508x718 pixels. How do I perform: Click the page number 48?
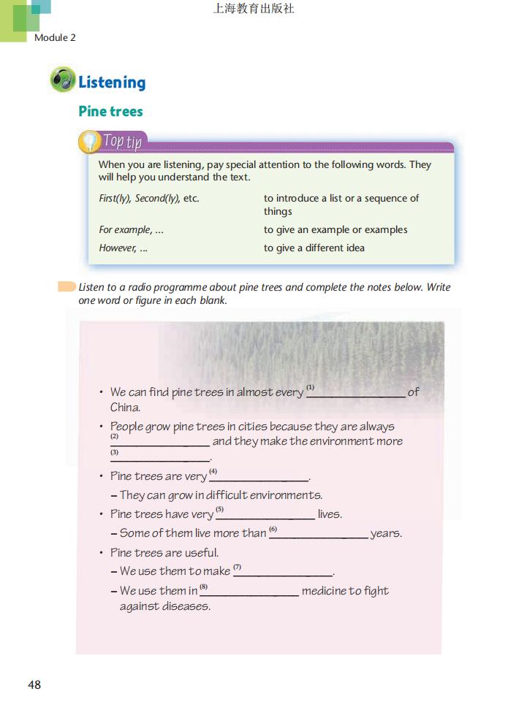[34, 684]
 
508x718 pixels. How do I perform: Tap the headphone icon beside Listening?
[63, 80]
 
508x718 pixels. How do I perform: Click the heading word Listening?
[112, 83]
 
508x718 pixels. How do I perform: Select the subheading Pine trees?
[110, 112]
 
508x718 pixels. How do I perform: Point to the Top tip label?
[121, 140]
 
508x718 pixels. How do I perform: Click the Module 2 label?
[55, 37]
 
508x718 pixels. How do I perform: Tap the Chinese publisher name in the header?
[254, 9]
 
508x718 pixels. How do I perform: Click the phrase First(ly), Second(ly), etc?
[148, 198]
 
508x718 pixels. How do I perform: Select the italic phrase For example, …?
[131, 229]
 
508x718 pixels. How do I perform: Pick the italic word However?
[117, 248]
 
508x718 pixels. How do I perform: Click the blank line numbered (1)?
[357, 393]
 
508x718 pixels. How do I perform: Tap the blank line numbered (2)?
[160, 442]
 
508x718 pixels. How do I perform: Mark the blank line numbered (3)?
[160, 458]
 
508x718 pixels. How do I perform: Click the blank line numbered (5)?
[265, 515]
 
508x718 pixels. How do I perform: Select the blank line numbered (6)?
[319, 534]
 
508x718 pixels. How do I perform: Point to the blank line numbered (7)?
[282, 572]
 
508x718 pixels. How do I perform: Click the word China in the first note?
[125, 408]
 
